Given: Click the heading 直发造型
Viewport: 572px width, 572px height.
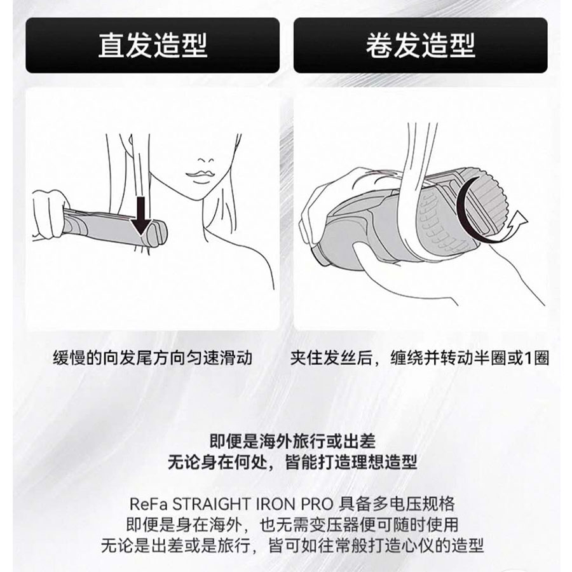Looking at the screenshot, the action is [153, 45].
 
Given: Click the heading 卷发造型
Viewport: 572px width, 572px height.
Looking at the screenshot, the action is [420, 45].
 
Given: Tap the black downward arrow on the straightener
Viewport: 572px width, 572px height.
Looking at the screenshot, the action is [142, 216].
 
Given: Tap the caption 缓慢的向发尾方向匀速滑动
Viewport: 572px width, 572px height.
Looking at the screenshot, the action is [153, 358].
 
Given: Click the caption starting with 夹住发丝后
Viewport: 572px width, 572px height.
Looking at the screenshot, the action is [419, 358].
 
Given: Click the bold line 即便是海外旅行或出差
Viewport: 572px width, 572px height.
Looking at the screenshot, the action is [292, 442].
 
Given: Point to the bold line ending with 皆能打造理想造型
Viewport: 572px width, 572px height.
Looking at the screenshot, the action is [292, 463].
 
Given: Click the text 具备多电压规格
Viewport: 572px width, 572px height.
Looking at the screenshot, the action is [397, 504].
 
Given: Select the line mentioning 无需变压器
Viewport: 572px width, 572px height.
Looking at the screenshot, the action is [292, 525].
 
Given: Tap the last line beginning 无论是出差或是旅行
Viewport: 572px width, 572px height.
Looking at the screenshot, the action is [292, 546].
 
